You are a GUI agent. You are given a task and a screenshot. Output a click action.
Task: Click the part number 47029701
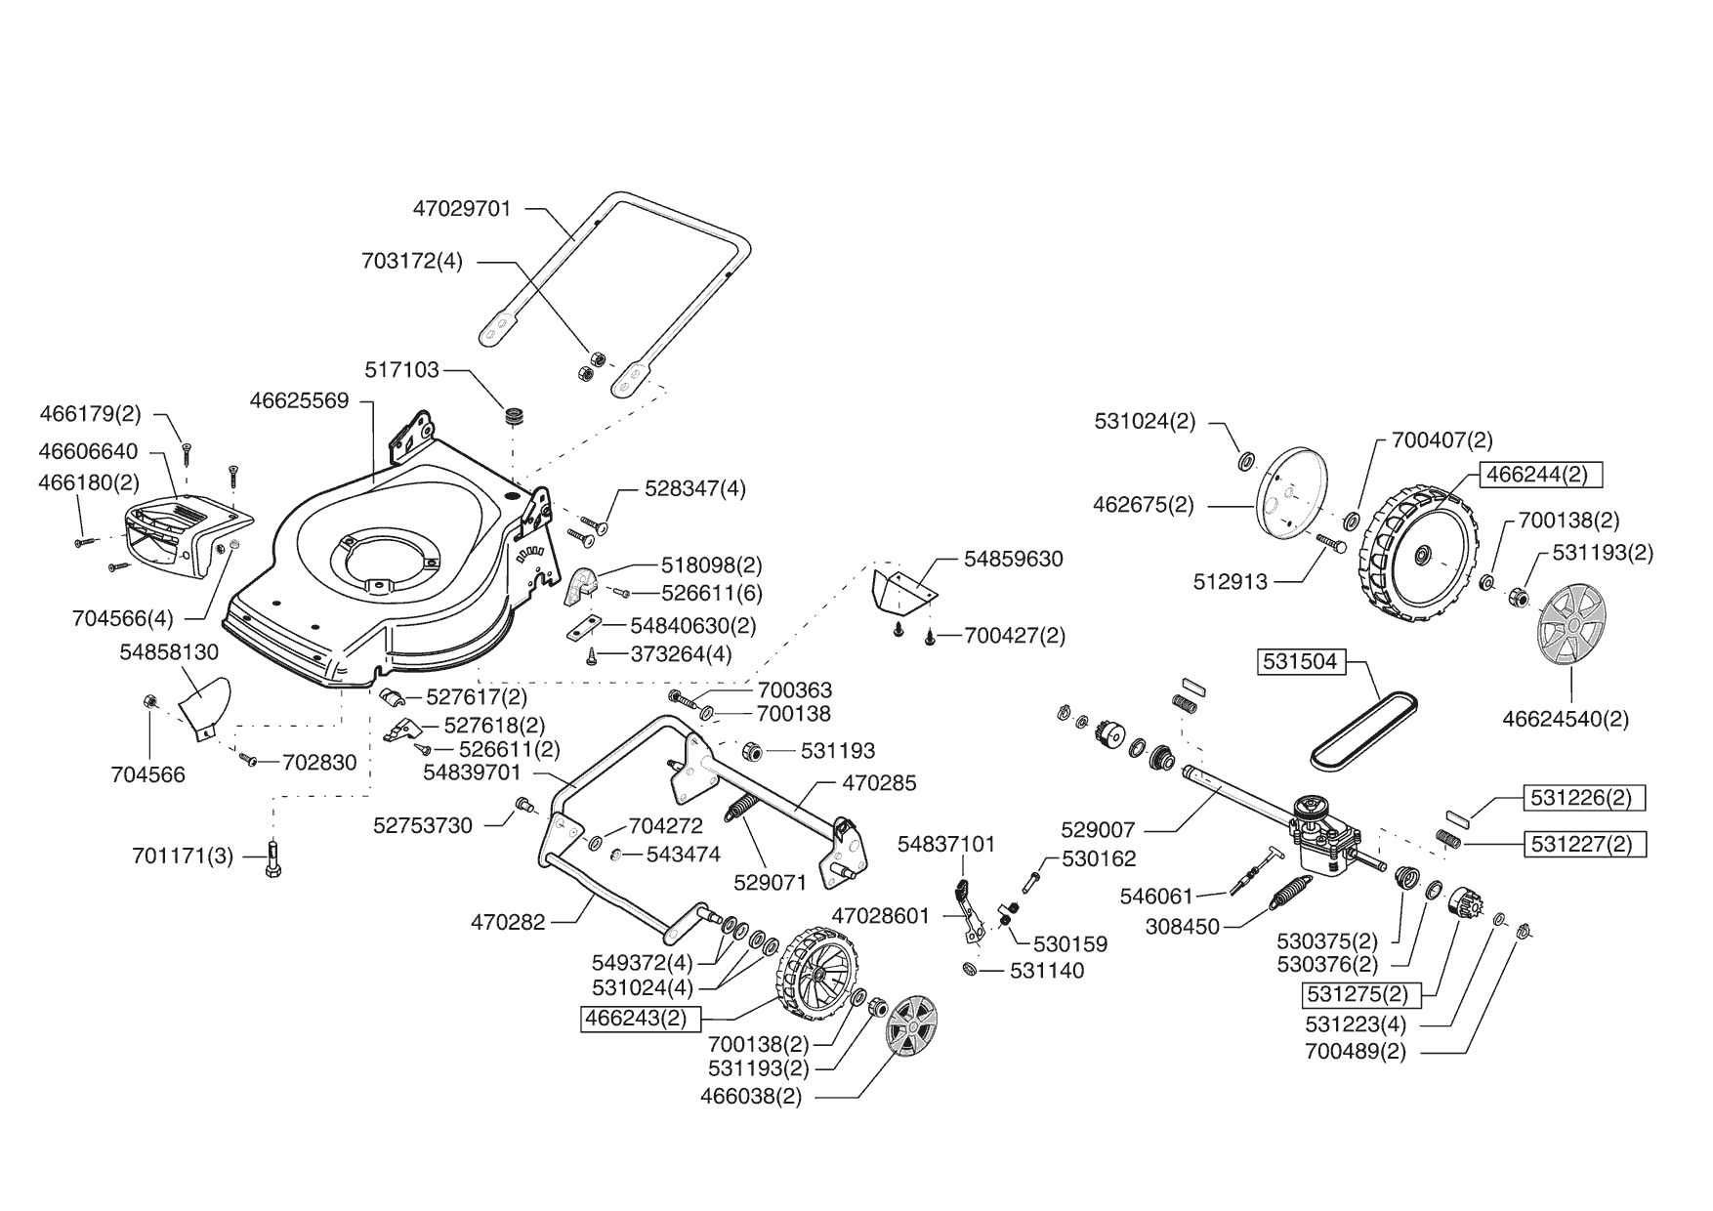462,209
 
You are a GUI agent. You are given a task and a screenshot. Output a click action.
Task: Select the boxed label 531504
1299,662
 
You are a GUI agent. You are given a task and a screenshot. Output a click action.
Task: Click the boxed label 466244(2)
1540,475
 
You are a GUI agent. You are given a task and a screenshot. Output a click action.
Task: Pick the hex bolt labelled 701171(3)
272,860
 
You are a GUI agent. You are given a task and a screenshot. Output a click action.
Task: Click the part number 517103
401,370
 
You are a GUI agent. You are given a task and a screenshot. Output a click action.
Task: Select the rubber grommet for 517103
515,414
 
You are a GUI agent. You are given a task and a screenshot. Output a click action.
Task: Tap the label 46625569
299,400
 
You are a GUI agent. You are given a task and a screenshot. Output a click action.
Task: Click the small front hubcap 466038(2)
910,1037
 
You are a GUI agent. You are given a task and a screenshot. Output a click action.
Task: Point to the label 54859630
1013,560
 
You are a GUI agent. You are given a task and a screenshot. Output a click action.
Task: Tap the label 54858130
169,651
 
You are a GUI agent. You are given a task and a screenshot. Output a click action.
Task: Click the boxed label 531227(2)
1586,843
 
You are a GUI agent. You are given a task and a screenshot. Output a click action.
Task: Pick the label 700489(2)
1355,1052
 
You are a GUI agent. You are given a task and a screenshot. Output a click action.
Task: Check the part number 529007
1098,830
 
